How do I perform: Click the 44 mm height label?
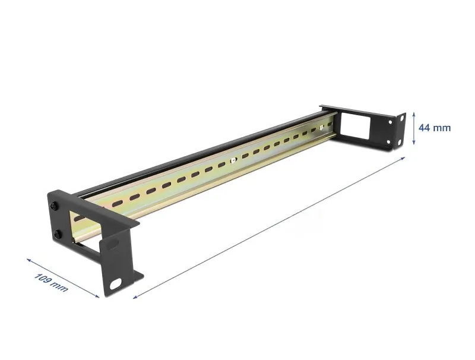(x=434, y=128)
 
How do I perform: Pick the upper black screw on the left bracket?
(x=55, y=206)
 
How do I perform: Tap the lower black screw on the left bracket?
(x=58, y=234)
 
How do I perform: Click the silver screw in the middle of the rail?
(x=233, y=159)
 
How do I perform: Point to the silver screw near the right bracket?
(x=321, y=127)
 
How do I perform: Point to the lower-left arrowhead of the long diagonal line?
(x=136, y=296)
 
